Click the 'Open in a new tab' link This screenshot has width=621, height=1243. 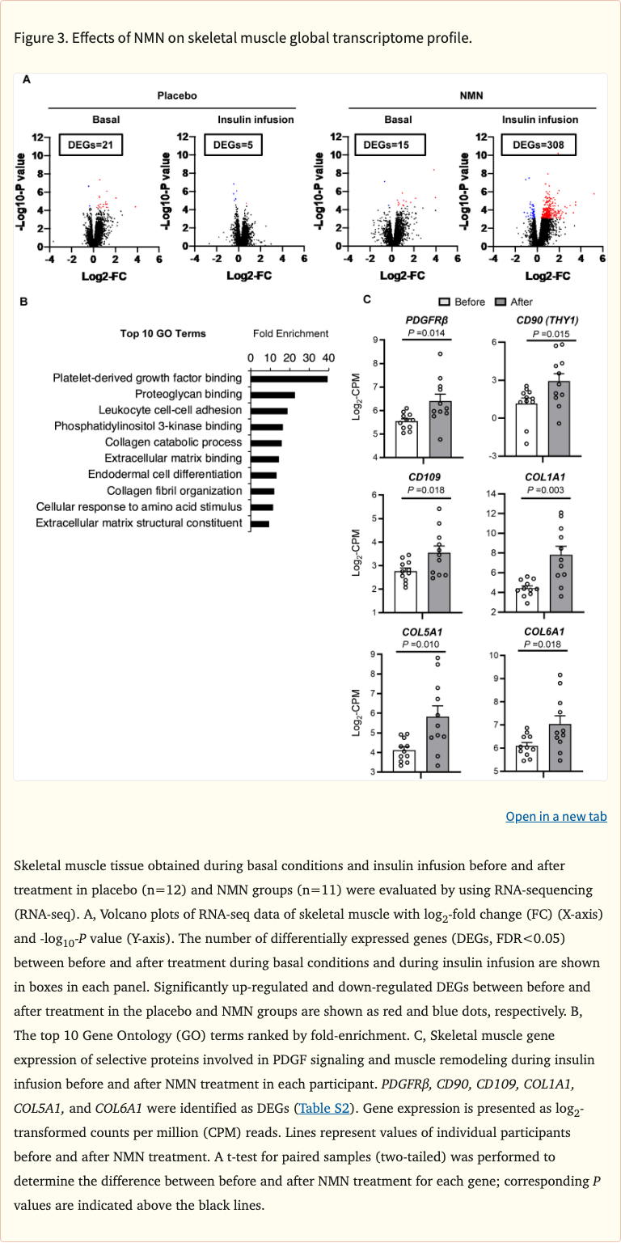click(556, 816)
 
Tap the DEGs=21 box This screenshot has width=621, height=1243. click(90, 146)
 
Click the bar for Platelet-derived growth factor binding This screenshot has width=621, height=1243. click(289, 378)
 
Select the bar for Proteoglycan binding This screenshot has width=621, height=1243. click(272, 394)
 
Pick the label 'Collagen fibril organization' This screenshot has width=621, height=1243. click(175, 491)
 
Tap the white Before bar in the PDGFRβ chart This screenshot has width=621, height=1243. click(407, 439)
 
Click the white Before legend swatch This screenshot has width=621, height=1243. click(444, 302)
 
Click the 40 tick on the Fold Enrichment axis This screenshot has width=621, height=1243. click(327, 357)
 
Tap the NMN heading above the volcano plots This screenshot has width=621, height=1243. click(470, 95)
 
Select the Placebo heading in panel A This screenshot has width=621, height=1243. click(176, 95)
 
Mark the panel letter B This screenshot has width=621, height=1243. click(24, 302)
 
